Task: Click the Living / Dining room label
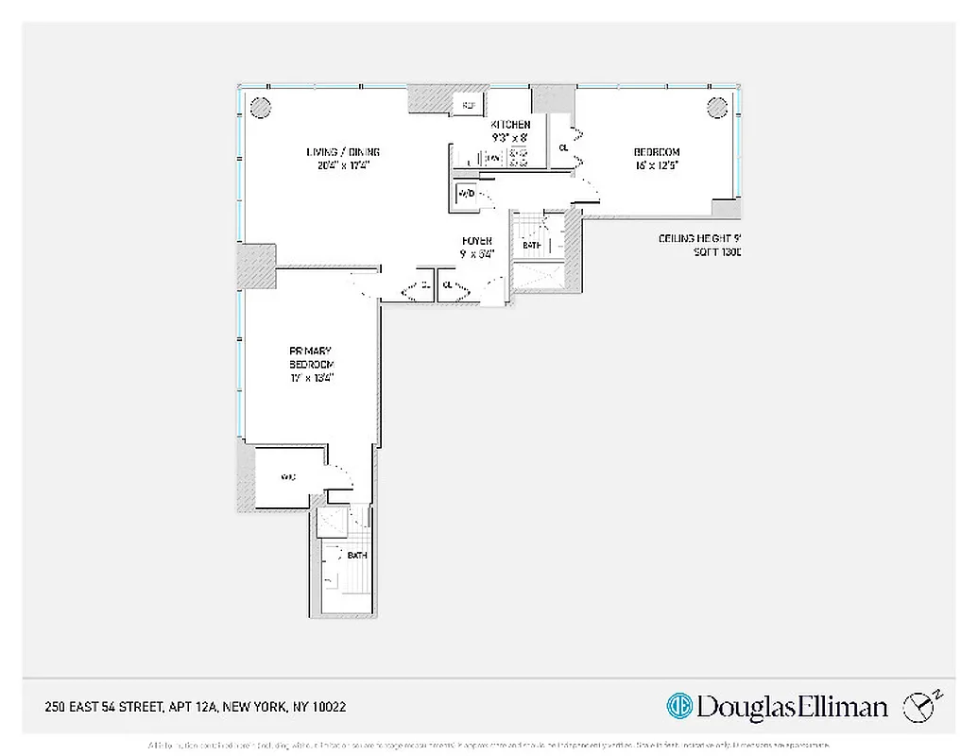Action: point(342,152)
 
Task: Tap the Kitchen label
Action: point(509,125)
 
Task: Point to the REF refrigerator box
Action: point(469,104)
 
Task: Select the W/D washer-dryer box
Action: point(466,194)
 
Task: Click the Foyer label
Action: point(475,240)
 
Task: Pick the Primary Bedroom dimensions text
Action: point(312,377)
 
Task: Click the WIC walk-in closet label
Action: point(288,478)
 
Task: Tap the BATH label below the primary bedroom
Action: point(356,556)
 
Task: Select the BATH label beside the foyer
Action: point(532,246)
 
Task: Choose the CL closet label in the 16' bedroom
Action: point(563,147)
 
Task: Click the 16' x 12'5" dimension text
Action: point(656,164)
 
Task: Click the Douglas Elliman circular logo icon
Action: point(678,706)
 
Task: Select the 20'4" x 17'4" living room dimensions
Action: point(342,164)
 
